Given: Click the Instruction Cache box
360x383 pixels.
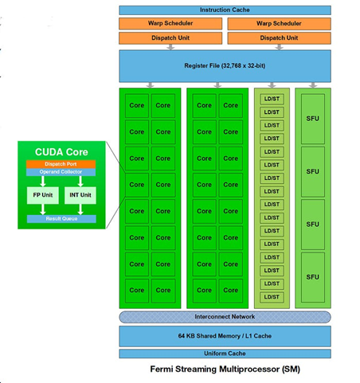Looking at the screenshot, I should tap(225, 10).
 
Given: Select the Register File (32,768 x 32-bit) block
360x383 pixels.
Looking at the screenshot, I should tap(225, 65).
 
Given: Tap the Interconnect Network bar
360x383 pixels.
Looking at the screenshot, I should tap(225, 317).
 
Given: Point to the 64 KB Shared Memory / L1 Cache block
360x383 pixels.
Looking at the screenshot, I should tap(225, 335).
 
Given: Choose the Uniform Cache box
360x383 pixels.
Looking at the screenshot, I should tap(225, 354).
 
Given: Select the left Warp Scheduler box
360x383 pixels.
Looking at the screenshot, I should tap(170, 23).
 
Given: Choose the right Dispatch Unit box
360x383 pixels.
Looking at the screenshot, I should tap(279, 37).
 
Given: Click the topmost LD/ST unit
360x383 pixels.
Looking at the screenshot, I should tap(272, 99).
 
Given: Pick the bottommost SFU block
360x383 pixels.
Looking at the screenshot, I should tap(313, 276).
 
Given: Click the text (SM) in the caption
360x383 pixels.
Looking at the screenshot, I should tap(284, 370).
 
